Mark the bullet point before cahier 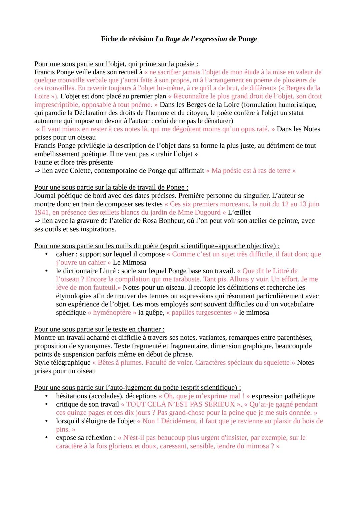click(47, 254)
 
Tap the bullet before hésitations click(47, 396)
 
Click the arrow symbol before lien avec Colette click(37, 171)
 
